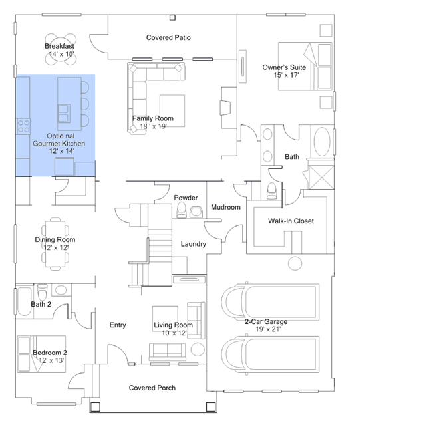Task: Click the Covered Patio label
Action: pyautogui.click(x=168, y=37)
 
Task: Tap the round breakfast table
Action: pyautogui.click(x=61, y=49)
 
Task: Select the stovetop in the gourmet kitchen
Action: pyautogui.click(x=23, y=126)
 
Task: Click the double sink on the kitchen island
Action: pyautogui.click(x=64, y=113)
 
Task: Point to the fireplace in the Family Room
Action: pyautogui.click(x=226, y=108)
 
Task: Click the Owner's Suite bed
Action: pyautogui.click(x=305, y=66)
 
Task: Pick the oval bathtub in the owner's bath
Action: pyautogui.click(x=322, y=142)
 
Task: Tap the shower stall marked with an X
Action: pyautogui.click(x=321, y=178)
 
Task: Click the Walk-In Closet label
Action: pyautogui.click(x=291, y=221)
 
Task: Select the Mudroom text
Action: pyautogui.click(x=225, y=207)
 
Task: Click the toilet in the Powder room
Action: pyautogui.click(x=182, y=210)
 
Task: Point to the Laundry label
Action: pyautogui.click(x=194, y=244)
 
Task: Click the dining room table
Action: pyautogui.click(x=55, y=244)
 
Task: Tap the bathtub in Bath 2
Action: pyautogui.click(x=25, y=301)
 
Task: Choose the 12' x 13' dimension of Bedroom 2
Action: pyautogui.click(x=51, y=360)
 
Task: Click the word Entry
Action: pyautogui.click(x=118, y=325)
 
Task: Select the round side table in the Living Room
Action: pyautogui.click(x=198, y=349)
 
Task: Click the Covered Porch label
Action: pyautogui.click(x=152, y=388)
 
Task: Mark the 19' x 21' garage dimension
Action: pyautogui.click(x=268, y=329)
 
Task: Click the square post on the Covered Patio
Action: pyautogui.click(x=172, y=17)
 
